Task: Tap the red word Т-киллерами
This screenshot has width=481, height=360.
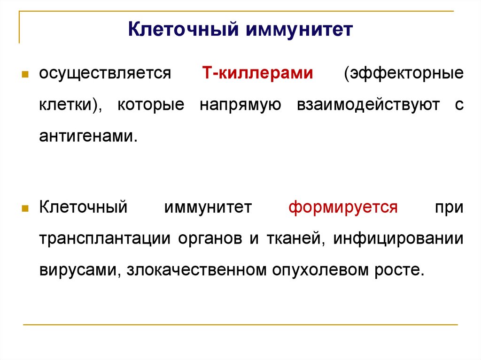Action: click(257, 74)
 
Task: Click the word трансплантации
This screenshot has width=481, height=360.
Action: click(104, 238)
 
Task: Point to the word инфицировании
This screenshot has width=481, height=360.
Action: click(398, 238)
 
